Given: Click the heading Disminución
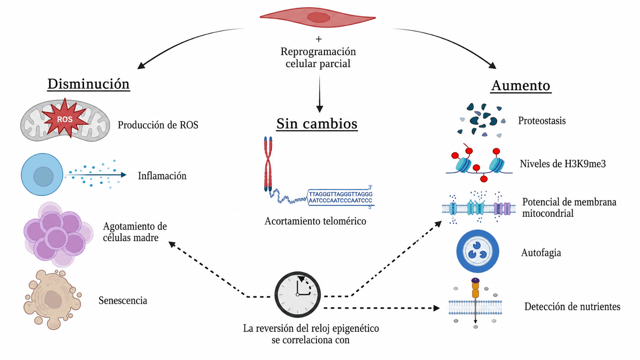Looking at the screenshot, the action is coord(88,84).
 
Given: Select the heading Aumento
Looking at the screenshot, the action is coord(521,85).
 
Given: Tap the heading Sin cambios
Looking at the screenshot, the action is coord(317,124).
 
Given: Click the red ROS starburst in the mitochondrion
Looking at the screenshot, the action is coord(65,118).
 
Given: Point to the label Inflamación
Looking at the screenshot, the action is coord(162,176).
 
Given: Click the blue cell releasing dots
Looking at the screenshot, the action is coord(42,174).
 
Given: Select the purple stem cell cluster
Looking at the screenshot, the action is coord(58,234).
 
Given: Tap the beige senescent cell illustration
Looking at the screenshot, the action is coord(53,300).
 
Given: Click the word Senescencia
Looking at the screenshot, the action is coord(123,300).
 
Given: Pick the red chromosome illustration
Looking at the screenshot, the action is coord(268,164).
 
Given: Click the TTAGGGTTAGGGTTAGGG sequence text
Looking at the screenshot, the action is coord(340,194).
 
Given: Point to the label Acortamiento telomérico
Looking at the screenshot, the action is coord(315,221).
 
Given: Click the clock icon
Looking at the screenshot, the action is coord(298,294).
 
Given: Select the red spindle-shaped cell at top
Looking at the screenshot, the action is coord(318,18).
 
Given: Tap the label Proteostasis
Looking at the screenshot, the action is coord(542,120).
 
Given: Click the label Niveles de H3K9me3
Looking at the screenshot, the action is coord(562,164).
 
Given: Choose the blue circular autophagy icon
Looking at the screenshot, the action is coord(478,252).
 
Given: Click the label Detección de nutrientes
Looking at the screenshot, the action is coord(572,306).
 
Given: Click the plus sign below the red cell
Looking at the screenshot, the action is coord(318,39).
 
